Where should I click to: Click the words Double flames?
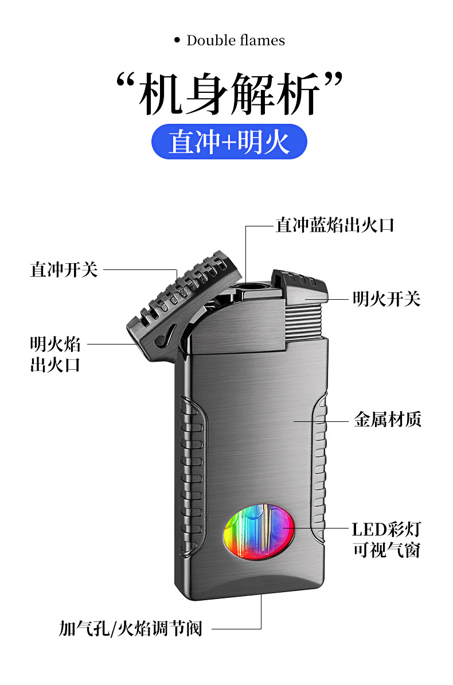tap(235, 41)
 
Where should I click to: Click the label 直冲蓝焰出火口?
tap(335, 225)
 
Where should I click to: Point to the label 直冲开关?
tap(64, 269)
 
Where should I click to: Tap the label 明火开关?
tap(386, 299)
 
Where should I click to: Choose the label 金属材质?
tap(387, 420)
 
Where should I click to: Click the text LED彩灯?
tap(386, 529)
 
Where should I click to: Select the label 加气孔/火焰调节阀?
tap(131, 628)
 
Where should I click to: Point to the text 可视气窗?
tap(386, 550)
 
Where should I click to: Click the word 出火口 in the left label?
tap(55, 365)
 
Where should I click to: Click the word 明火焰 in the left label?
tap(55, 345)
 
